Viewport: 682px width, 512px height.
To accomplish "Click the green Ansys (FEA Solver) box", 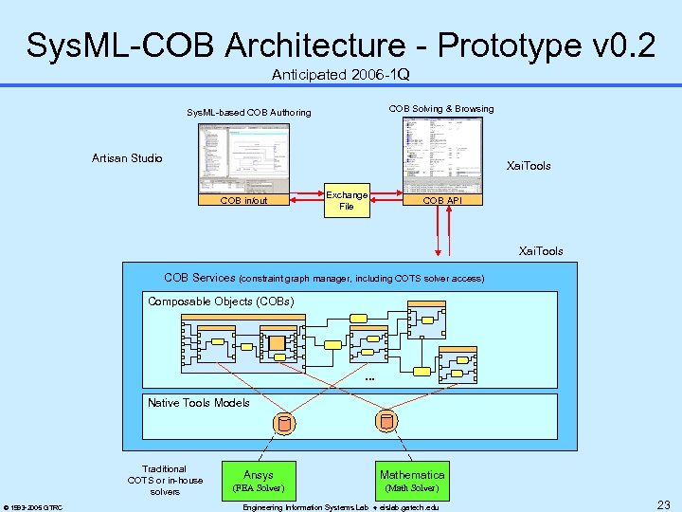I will click(x=258, y=480).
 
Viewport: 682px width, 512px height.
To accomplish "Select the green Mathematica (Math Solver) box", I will click(x=412, y=480).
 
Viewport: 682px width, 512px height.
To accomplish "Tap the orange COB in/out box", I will click(x=243, y=200).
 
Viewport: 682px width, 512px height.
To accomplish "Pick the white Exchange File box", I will click(x=347, y=200).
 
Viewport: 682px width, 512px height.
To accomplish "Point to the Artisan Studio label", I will click(x=127, y=157).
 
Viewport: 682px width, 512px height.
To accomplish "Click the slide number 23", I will click(x=664, y=505).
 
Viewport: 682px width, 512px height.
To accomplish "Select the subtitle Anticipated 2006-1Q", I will click(x=340, y=74).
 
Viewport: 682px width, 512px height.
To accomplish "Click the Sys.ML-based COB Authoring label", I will click(x=248, y=113).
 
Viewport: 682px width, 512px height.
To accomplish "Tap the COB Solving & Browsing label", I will click(x=441, y=109).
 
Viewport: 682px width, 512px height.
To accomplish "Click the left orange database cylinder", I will click(x=282, y=423).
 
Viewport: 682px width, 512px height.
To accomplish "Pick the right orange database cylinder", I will click(x=386, y=421).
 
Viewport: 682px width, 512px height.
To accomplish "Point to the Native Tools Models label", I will click(x=199, y=403).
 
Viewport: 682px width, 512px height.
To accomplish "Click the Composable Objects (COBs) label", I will click(x=221, y=302).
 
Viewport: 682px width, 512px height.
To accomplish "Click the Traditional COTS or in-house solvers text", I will click(x=165, y=480).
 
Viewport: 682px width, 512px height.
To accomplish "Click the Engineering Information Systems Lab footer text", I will click(x=341, y=507).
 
